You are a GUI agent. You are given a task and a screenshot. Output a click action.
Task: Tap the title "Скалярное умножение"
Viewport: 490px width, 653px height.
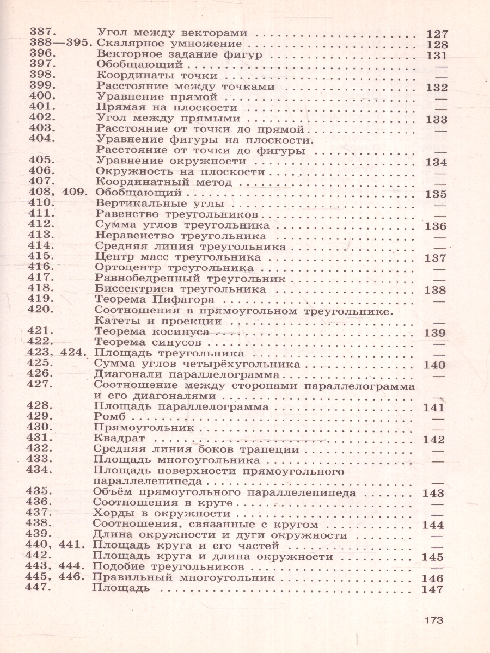168,44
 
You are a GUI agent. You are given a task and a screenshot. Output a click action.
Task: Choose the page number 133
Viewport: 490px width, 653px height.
437,120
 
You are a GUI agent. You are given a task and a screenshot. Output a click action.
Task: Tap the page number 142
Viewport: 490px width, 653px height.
434,440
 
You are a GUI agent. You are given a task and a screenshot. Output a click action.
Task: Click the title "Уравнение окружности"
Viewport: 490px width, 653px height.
170,162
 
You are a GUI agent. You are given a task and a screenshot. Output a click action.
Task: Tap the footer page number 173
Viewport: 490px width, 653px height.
434,620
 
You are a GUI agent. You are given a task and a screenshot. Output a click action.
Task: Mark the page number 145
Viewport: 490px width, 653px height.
433,557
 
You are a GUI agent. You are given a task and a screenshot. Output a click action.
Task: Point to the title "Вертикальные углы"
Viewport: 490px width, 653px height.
154,204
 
